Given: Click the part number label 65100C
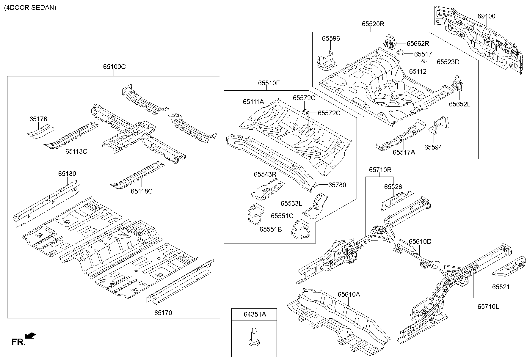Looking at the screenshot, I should coord(114,67).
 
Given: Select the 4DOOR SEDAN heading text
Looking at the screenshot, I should coord(30,8).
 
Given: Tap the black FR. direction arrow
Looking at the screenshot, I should coord(30,336).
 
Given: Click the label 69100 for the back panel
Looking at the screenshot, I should coord(487,16).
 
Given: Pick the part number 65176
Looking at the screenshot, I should coord(38,119).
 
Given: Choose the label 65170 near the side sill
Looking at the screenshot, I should coord(163,313).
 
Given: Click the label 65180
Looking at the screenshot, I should coord(67,174).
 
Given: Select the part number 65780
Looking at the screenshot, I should coord(337,185).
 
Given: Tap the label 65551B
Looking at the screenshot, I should coord(270,229).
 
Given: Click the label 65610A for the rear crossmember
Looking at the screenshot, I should coord(349,294).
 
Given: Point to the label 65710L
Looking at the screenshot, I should coord(488,306).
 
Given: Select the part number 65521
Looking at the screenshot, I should coord(501,287).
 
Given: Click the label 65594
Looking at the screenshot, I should coord(433,147).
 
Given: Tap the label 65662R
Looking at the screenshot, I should coord(418,44).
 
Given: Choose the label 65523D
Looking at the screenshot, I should coord(448,62).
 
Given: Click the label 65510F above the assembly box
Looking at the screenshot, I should coord(269,83).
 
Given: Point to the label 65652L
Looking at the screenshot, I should coord(459,104).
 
